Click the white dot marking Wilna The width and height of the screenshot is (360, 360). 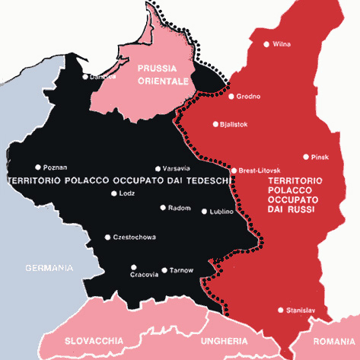[266, 44]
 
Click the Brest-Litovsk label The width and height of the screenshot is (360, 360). [260, 170]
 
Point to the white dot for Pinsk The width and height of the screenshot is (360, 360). [306, 158]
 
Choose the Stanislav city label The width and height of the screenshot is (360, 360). [301, 310]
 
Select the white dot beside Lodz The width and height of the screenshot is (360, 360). [113, 193]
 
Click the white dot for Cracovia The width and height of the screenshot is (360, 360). [133, 266]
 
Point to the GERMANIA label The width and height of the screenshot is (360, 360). [49, 267]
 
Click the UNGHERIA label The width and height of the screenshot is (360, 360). [225, 340]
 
